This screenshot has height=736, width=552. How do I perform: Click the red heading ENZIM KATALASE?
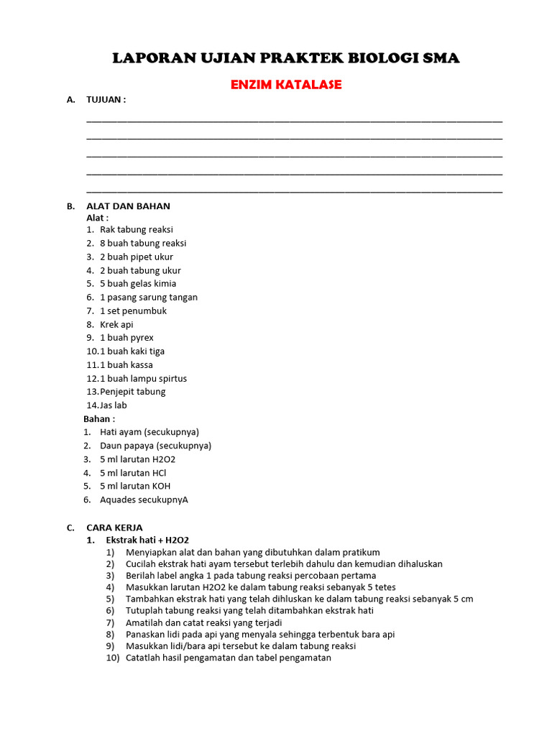(x=285, y=85)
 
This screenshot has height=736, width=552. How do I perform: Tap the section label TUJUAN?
(x=106, y=100)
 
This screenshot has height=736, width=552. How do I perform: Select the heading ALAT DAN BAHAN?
(x=128, y=206)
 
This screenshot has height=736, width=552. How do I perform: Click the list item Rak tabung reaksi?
(x=137, y=230)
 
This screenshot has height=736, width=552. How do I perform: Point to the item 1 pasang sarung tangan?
(x=149, y=298)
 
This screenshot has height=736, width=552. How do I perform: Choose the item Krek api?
(x=116, y=325)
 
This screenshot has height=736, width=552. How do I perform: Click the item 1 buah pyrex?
(x=126, y=338)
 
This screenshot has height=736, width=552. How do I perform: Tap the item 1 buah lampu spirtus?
(x=143, y=379)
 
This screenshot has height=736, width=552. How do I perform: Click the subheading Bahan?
(x=99, y=419)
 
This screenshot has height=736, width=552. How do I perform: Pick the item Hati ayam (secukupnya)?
(x=149, y=432)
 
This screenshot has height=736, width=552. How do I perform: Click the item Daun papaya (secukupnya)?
(x=155, y=446)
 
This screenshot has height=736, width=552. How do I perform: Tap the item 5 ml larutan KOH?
(x=135, y=486)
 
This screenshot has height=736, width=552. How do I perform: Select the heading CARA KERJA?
(x=114, y=528)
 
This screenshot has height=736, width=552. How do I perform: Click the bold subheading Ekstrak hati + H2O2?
(x=147, y=540)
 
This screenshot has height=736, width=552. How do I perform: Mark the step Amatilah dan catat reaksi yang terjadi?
(x=203, y=622)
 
